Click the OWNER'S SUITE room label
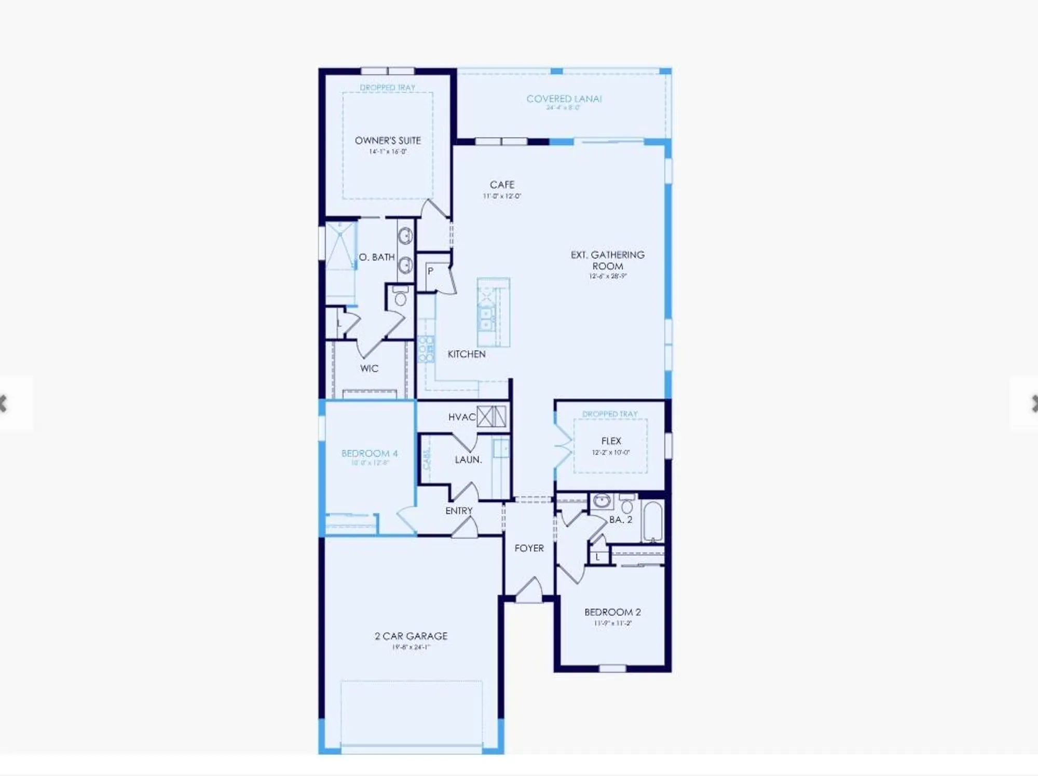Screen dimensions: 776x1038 pos(388,141)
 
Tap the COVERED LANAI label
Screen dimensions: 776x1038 pos(564,99)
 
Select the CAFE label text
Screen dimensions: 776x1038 pos(502,185)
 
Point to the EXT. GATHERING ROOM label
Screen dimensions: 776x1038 pos(607,260)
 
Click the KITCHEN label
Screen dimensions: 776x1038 pos(467,354)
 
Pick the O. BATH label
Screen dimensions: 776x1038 pos(377,257)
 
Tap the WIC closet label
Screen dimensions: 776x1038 pos(369,369)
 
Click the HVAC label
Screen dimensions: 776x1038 pos(461,417)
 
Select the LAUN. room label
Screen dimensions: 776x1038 pos(468,460)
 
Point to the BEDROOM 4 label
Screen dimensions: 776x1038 pos(369,453)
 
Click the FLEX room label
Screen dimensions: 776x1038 pos(611,441)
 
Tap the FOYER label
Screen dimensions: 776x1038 pos(529,548)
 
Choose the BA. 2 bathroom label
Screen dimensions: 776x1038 pos(620,520)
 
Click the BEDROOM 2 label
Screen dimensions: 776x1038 pos(612,612)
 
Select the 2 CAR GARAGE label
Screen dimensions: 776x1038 pos(411,636)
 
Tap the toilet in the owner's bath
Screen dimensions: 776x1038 pos(400,298)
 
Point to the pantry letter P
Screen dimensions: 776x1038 pos(430,271)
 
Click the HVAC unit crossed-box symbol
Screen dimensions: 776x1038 pos(491,417)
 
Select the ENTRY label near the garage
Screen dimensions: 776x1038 pos(459,511)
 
